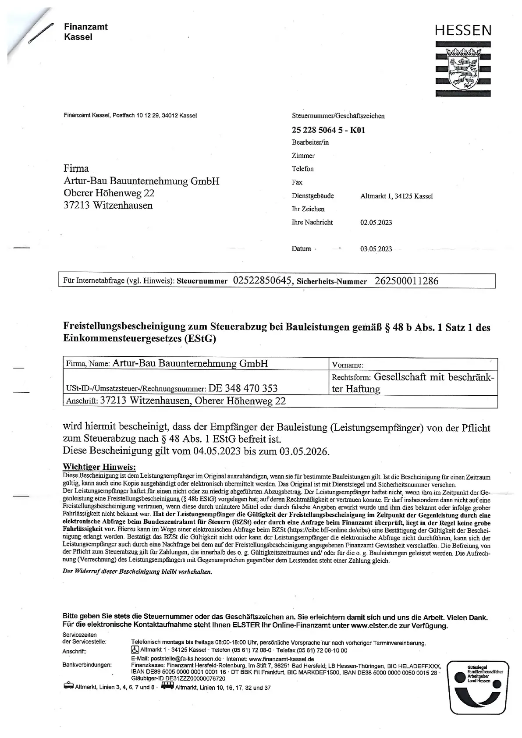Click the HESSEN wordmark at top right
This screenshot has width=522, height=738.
tap(463, 30)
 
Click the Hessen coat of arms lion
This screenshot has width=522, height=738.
tap(463, 68)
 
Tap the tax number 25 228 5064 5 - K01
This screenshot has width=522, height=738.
tap(328, 130)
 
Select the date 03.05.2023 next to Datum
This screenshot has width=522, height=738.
tap(376, 249)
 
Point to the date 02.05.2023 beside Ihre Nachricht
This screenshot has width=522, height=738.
tap(376, 222)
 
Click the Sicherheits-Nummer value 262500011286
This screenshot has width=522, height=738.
tap(406, 281)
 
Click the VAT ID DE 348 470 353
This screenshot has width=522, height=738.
tap(243, 388)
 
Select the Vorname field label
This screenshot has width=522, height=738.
tap(348, 365)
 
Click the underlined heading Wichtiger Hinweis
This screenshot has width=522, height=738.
tap(99, 467)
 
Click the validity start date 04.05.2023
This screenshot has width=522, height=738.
tap(217, 451)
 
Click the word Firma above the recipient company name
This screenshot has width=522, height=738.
tap(76, 169)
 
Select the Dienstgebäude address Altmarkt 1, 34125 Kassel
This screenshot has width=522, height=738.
tap(396, 196)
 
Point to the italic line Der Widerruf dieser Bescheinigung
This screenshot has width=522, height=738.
tap(137, 572)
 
